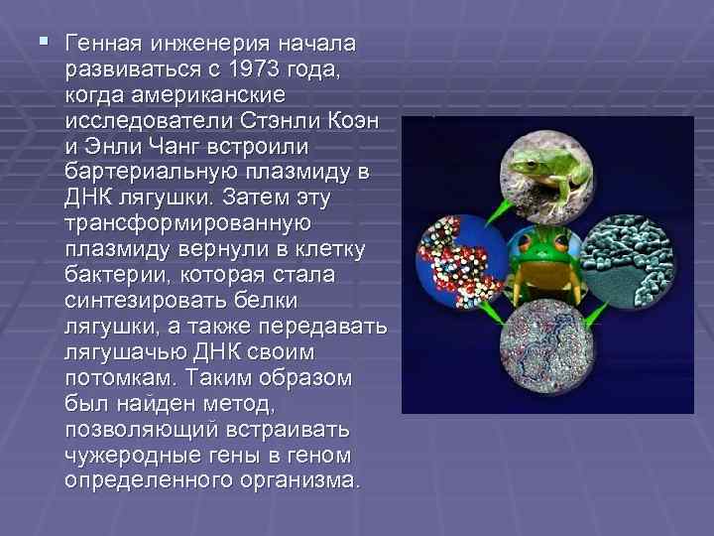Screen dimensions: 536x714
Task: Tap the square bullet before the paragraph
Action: click(x=41, y=43)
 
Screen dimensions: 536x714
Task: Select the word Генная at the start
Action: click(x=102, y=45)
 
